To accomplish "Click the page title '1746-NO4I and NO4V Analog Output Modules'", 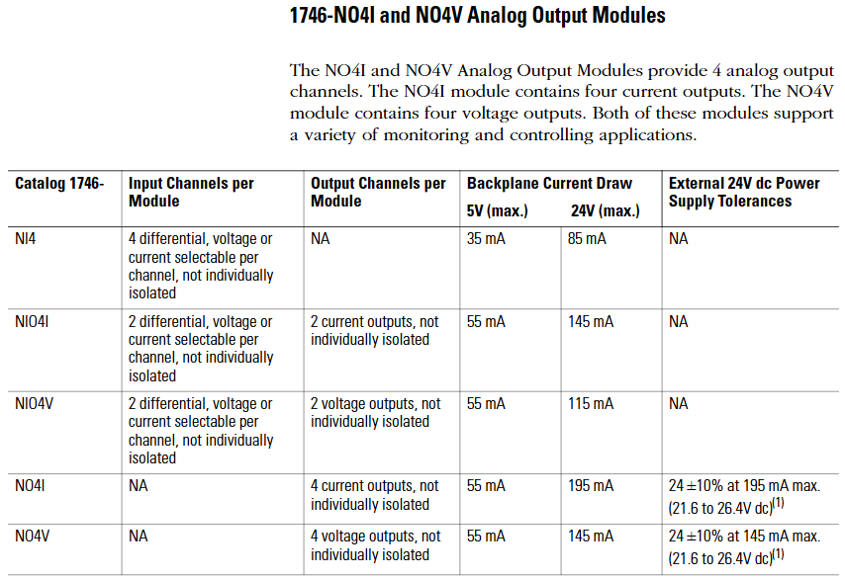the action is (x=478, y=15).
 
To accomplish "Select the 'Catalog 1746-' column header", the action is (x=59, y=184).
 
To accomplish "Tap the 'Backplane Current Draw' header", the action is (x=549, y=184).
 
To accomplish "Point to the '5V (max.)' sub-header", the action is (x=497, y=210).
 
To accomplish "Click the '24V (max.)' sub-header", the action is (x=606, y=210).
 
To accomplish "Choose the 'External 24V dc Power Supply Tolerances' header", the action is (x=744, y=192).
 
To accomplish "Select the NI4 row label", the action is (x=26, y=238).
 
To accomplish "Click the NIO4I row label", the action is (x=32, y=321).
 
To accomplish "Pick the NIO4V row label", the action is (x=34, y=403).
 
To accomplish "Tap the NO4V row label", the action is (x=33, y=536).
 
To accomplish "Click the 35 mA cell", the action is (x=486, y=238).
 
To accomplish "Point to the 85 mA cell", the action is (x=587, y=238).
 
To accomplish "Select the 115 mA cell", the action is (x=591, y=403).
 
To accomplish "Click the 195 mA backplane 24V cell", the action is (x=591, y=486).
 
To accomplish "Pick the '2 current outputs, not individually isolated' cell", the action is (x=375, y=330).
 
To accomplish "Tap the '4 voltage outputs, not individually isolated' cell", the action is (x=376, y=545).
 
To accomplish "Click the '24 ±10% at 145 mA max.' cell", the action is (x=744, y=536).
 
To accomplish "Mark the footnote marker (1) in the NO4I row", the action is (x=778, y=503).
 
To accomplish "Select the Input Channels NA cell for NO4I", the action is (x=138, y=486).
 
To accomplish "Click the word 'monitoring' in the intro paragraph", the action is (x=426, y=134).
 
